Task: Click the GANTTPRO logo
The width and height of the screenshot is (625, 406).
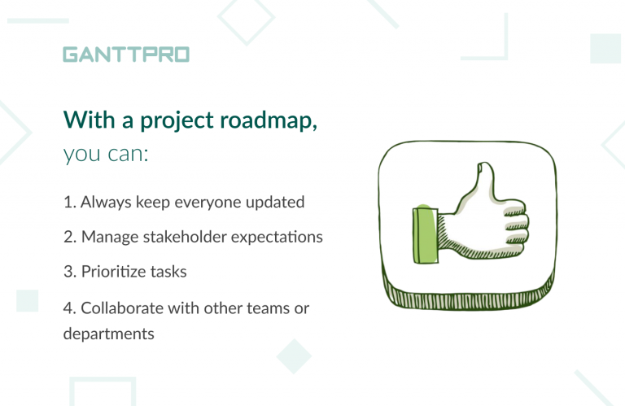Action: click(126, 55)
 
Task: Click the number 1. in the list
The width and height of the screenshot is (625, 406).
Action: click(70, 202)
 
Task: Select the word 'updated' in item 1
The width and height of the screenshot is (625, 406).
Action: click(276, 202)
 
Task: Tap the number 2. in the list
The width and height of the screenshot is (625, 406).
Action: click(70, 237)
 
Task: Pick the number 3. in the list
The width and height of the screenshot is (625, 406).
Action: click(70, 272)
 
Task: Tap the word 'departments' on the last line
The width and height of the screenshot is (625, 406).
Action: click(108, 334)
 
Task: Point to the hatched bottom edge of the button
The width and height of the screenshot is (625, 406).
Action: click(468, 299)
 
